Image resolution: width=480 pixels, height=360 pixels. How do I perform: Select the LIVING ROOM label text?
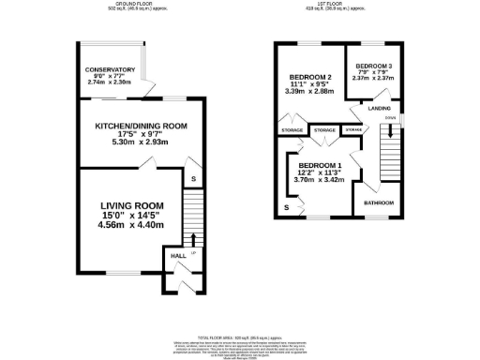tap(132, 205)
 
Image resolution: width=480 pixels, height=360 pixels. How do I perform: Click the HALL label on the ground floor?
tap(177, 255)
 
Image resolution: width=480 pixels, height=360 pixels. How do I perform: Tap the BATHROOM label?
tap(379, 203)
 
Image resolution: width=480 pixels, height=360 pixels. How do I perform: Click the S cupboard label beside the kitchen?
tap(192, 178)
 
